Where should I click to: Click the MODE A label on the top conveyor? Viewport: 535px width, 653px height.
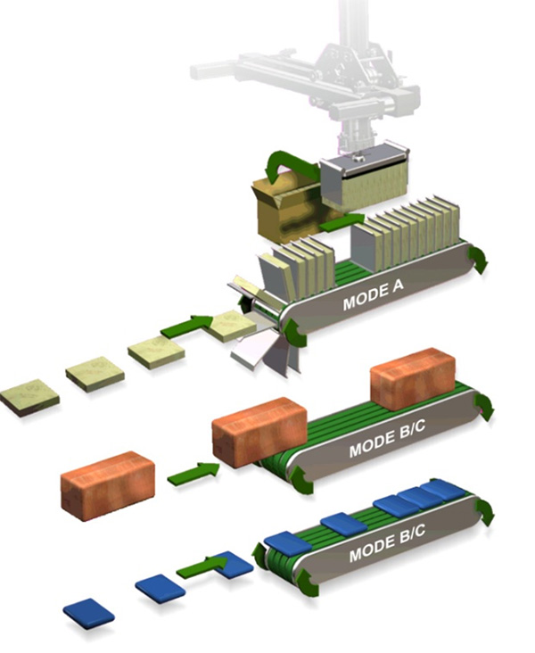[373, 295]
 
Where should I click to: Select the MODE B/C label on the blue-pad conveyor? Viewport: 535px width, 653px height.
[387, 544]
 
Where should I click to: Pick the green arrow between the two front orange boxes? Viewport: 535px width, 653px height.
[194, 474]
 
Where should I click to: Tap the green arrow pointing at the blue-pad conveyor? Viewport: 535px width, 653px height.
[202, 566]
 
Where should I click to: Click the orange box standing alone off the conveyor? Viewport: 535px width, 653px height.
[108, 485]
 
